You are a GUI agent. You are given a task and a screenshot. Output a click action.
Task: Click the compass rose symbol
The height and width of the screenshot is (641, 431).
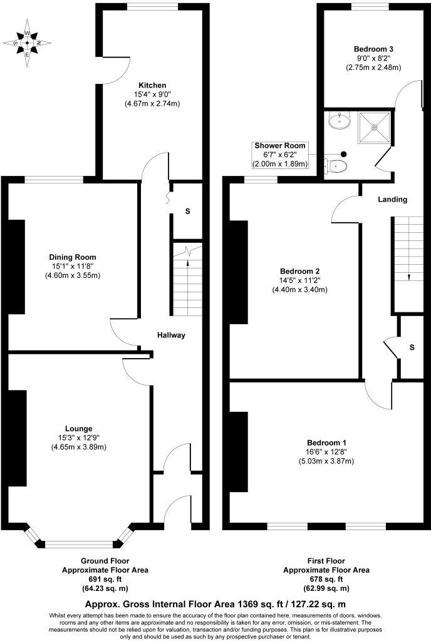click(x=26, y=43)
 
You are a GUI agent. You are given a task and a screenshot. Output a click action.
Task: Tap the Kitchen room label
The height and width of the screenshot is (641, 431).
click(x=152, y=85)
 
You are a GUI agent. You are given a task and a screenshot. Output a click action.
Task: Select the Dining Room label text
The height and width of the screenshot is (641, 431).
click(x=73, y=257)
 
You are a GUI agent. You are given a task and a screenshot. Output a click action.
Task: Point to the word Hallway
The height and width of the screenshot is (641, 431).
click(x=171, y=336)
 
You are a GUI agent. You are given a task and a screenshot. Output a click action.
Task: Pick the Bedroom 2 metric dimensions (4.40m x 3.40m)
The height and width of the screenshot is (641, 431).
click(x=299, y=290)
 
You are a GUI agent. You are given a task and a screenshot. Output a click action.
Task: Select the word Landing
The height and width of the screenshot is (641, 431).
click(x=393, y=200)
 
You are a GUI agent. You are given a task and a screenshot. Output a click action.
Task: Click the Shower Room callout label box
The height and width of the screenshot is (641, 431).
click(x=280, y=155)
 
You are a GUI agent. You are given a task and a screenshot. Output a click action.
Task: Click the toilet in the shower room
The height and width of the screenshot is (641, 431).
click(x=336, y=166)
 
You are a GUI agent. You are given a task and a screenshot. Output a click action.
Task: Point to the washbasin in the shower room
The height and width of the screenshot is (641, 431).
click(x=340, y=120)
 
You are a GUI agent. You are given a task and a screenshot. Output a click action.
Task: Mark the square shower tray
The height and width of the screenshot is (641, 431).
click(x=375, y=128)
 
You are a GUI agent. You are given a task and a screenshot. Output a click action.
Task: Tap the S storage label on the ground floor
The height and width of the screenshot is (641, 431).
click(x=187, y=212)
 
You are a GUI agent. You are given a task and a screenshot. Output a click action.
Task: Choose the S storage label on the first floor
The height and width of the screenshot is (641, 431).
click(x=412, y=347)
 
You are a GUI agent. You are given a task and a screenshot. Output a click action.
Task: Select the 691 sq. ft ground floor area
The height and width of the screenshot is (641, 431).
click(x=105, y=579)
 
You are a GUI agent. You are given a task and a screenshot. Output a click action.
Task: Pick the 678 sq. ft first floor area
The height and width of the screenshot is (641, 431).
click(x=326, y=579)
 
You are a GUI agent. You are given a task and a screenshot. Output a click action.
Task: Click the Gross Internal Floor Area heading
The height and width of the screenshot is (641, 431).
click(x=215, y=604)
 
